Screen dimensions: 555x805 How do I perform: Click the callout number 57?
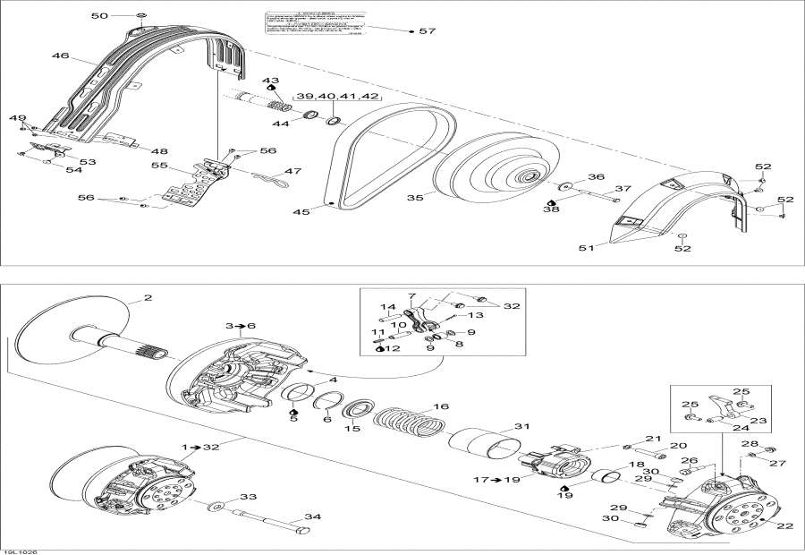[427, 31]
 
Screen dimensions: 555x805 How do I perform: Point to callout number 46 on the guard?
[60, 56]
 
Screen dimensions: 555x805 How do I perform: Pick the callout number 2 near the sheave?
[148, 298]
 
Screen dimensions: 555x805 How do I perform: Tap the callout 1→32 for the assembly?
[198, 447]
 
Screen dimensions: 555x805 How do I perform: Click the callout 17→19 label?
[496, 480]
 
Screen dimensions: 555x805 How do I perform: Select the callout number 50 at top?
[99, 16]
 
